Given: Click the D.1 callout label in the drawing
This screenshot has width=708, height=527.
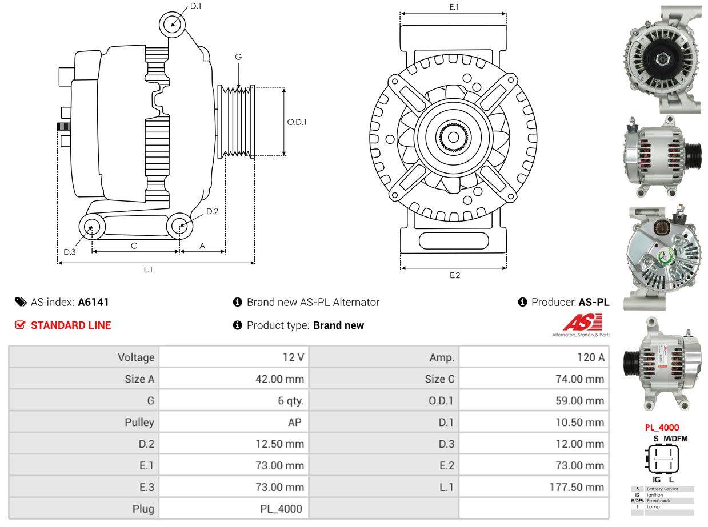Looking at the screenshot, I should (195, 6).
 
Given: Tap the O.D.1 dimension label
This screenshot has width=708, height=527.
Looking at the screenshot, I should (297, 122).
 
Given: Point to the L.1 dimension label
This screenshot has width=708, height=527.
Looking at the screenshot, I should (148, 269).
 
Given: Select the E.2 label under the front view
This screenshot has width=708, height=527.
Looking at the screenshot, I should (454, 275).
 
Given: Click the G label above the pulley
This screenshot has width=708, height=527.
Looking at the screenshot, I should (238, 57).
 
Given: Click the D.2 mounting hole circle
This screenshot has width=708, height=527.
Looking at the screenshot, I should (180, 226).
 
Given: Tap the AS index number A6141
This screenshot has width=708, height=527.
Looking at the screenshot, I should (93, 302).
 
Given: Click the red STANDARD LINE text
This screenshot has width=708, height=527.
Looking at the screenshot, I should (70, 325).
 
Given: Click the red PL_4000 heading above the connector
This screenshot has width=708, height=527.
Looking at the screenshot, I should (662, 427).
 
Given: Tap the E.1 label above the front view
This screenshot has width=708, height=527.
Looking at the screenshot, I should (454, 7).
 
